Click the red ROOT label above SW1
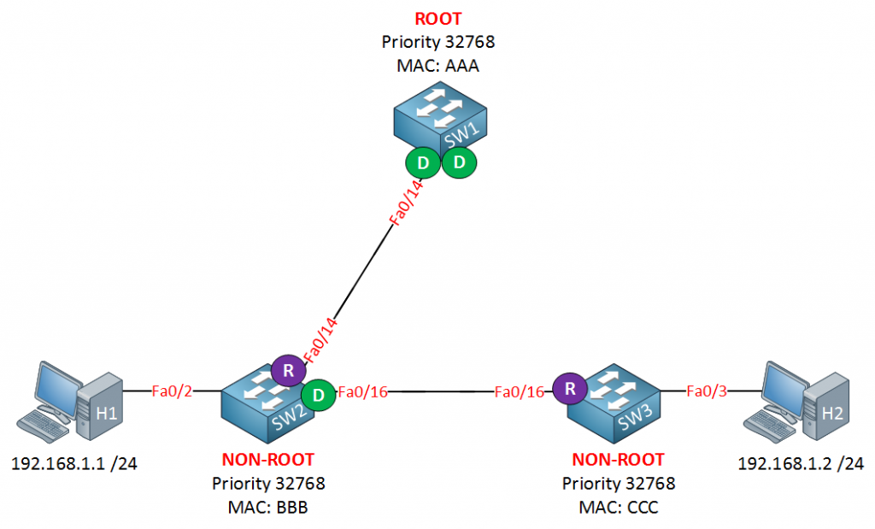coord(438,19)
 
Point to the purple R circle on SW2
coord(288,372)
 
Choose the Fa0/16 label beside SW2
coord(363,392)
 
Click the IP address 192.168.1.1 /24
coord(74,465)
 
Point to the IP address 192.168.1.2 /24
coord(801,465)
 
